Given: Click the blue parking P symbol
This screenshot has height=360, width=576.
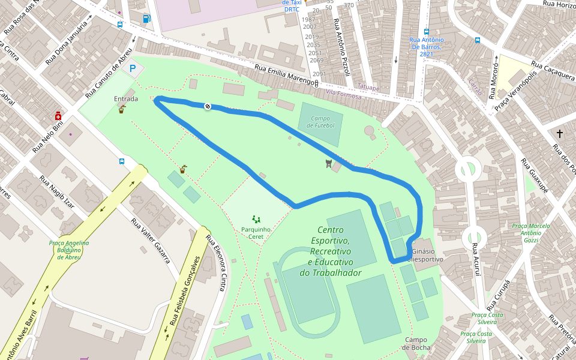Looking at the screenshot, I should point(133,69).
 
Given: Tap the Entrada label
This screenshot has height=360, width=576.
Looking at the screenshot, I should point(126,99).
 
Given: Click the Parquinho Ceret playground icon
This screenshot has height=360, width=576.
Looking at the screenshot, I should point(256,220).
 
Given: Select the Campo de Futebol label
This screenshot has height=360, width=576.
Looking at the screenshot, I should point(321,122).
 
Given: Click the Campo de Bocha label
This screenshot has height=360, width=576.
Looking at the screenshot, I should point(416,343).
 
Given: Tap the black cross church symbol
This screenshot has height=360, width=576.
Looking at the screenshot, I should point(560,134).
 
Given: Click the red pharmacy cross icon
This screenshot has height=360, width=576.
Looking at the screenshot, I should point(58,115).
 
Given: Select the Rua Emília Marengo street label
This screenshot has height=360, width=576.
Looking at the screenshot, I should point(286,75).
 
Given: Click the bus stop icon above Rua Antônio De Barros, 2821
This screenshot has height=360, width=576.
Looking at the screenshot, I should point(427,32).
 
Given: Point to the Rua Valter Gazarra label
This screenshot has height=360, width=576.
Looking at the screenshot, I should point(151,240).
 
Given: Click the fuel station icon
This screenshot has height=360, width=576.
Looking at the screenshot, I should point(146,19).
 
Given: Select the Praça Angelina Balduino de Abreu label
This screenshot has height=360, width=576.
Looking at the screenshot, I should point(69,250).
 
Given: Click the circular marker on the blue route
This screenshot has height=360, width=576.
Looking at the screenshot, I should point(208,106).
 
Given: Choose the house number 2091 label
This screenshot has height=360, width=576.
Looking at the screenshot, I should point(319,74).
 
